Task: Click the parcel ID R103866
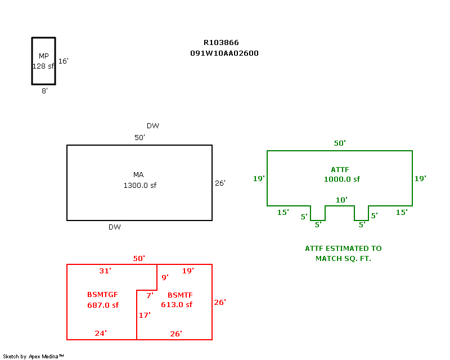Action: coord(221,43)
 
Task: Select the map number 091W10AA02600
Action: coord(224,53)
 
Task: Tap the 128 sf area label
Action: coord(43,66)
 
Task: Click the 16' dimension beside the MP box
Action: coord(63,61)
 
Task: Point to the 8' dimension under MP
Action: coord(44,91)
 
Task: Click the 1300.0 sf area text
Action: coord(139,185)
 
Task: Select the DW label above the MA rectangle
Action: coord(152,126)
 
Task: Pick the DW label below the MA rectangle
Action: coord(114,227)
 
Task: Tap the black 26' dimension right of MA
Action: coord(220,183)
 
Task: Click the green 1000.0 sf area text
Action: coord(341,179)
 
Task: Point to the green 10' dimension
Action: coord(341,200)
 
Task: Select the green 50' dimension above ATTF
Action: coord(340,143)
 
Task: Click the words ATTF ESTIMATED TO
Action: coord(343,248)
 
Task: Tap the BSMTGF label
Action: coord(102,295)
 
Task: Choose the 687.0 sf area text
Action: coord(103,305)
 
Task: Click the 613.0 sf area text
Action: coord(176,305)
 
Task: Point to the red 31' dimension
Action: coord(105,271)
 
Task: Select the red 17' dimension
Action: coord(145,316)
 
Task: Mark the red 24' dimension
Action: coord(100,334)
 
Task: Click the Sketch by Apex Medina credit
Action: coord(33,356)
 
